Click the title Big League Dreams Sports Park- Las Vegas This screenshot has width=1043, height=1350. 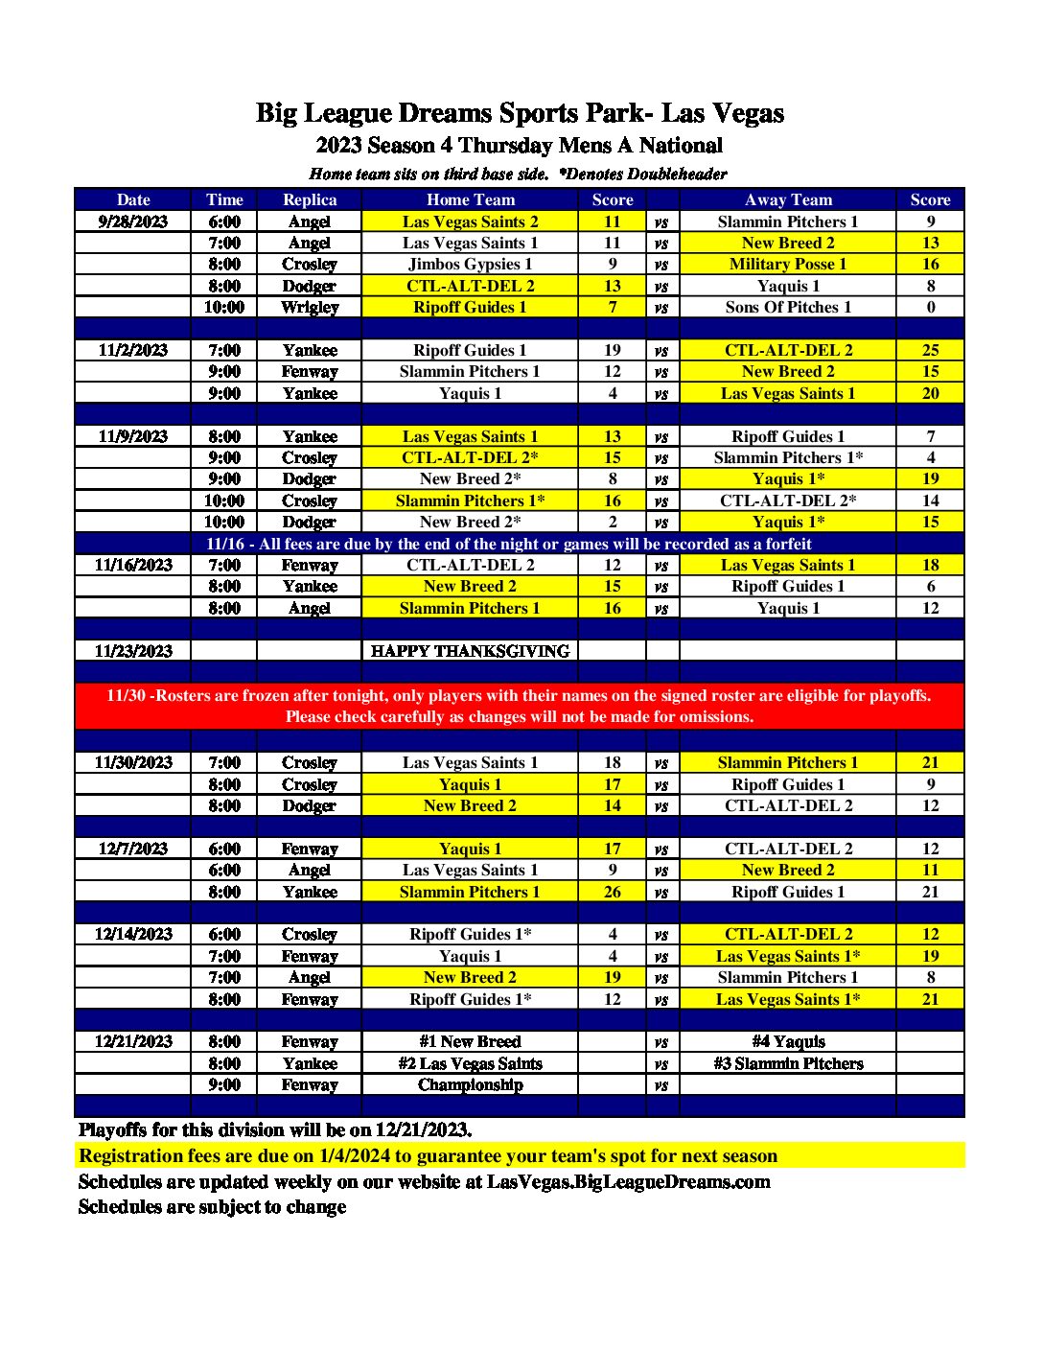pyautogui.click(x=520, y=113)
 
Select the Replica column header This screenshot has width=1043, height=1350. pyautogui.click(x=310, y=199)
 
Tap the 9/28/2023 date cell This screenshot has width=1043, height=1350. pyautogui.click(x=133, y=221)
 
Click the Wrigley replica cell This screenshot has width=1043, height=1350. pyautogui.click(x=310, y=307)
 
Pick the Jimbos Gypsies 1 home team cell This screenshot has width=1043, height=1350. pyautogui.click(x=470, y=264)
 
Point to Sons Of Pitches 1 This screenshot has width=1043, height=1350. pyautogui.click(x=788, y=307)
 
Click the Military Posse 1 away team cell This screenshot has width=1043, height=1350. pyautogui.click(x=788, y=264)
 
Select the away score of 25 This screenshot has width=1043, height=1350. pyautogui.click(x=930, y=350)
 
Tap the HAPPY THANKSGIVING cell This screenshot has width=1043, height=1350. pyautogui.click(x=470, y=651)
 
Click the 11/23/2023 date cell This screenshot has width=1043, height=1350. pyautogui.click(x=133, y=651)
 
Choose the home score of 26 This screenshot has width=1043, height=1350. pyautogui.click(x=612, y=892)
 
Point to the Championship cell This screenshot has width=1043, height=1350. pyautogui.click(x=470, y=1084)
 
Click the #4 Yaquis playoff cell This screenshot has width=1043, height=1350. pyautogui.click(x=788, y=1041)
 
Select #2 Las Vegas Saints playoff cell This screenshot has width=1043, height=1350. pyautogui.click(x=470, y=1063)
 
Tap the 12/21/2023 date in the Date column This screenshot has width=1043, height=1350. pyautogui.click(x=133, y=1041)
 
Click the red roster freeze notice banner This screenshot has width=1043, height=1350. pyautogui.click(x=519, y=706)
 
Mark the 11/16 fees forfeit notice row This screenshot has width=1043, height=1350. pyautogui.click(x=509, y=544)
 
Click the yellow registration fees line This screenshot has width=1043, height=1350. pyautogui.click(x=428, y=1155)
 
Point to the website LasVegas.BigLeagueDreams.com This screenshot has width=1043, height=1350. pyautogui.click(x=628, y=1181)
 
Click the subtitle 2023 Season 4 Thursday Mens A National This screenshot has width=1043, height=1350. pyautogui.click(x=520, y=146)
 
